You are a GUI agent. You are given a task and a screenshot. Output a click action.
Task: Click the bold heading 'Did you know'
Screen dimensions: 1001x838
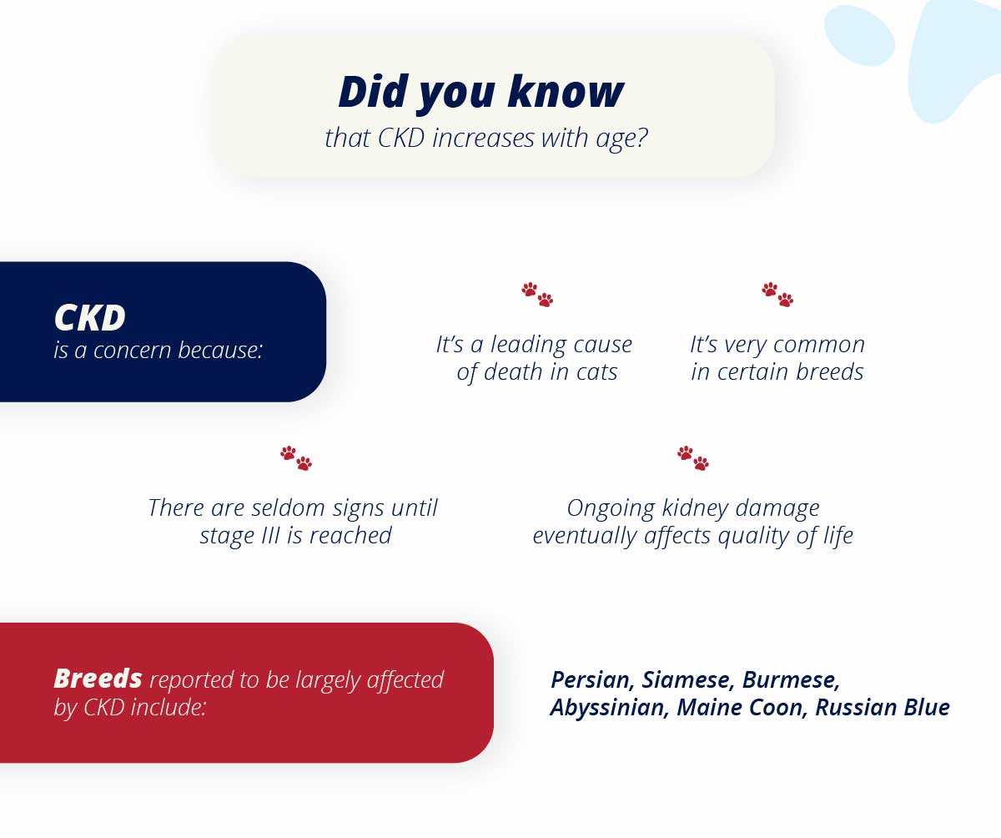[480, 92]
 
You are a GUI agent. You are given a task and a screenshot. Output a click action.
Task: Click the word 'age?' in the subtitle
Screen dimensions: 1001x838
[621, 139]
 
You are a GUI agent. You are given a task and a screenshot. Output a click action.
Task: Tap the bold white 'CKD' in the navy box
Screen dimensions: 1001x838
[89, 317]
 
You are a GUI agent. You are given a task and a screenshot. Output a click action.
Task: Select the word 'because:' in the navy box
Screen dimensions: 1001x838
[220, 350]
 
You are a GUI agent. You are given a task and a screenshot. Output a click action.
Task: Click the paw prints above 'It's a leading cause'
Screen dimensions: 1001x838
[537, 295]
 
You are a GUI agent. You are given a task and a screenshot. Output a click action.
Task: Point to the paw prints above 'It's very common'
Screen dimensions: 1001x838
[777, 295]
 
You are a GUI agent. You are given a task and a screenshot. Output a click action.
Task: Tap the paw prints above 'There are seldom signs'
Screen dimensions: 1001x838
[296, 458]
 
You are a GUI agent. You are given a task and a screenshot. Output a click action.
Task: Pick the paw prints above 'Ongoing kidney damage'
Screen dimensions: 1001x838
[693, 458]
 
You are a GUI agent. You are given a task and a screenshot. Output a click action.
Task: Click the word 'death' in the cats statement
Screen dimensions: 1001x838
[513, 371]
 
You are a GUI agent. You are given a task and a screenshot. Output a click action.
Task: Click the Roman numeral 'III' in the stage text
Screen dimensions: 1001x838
[270, 535]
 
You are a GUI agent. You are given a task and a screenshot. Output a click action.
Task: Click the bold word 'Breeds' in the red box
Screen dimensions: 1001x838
[98, 679]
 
